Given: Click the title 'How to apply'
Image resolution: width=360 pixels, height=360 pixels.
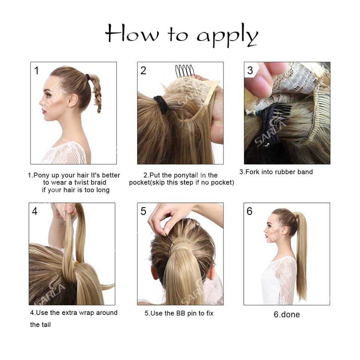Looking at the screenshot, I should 181,35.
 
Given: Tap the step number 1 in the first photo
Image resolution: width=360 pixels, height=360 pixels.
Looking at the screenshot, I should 36,70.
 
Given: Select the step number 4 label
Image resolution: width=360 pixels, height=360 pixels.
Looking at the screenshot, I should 34,211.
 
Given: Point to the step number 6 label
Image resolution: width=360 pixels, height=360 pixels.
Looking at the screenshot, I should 249,211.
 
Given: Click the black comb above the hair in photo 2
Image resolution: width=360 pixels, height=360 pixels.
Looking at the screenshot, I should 185,71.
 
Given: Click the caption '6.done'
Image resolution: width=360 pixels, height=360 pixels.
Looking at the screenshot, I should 286,315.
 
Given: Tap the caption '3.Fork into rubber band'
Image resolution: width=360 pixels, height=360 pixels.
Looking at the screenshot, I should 276,172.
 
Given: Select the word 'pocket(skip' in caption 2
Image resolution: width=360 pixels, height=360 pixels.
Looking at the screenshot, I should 148,183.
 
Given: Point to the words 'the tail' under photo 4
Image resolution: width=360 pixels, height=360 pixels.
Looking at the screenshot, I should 40,324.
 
